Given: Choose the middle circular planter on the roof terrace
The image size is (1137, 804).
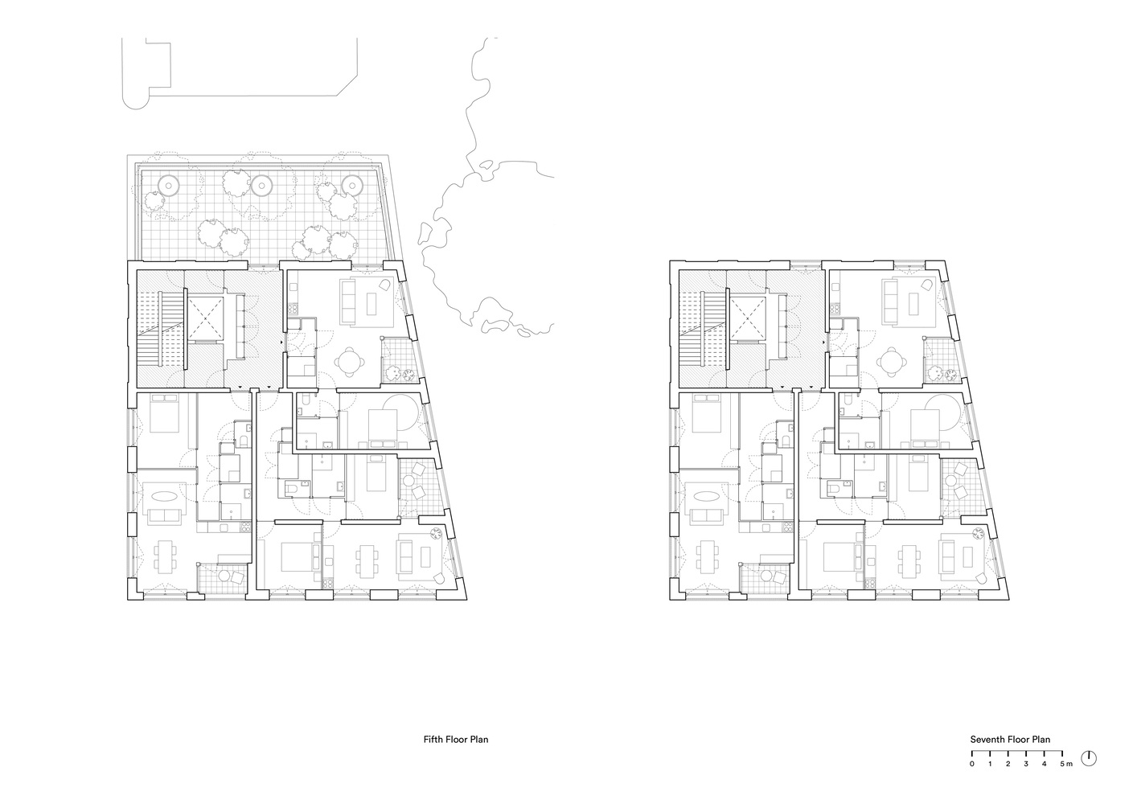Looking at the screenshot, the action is pos(261,185).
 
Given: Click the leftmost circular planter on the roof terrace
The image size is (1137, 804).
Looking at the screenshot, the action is pos(168,185).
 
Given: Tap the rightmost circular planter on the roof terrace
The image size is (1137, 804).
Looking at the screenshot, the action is pos(351,185).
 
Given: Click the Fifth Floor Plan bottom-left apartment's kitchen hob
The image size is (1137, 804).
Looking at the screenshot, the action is pos(246,527).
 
